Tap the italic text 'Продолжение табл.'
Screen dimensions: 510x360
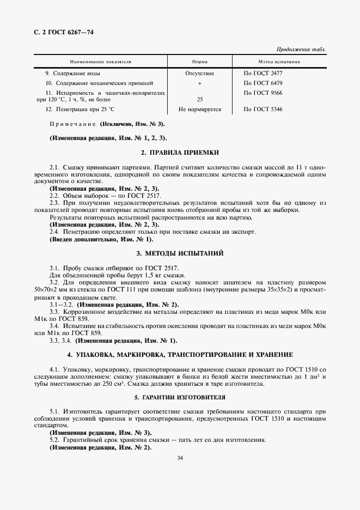(x=302, y=49)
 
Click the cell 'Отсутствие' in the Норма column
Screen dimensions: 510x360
(x=200, y=73)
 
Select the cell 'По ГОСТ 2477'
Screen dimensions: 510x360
(x=263, y=73)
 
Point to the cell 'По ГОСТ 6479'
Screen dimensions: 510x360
(x=263, y=83)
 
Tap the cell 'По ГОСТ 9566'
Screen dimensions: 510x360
(x=263, y=93)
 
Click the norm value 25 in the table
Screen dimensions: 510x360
(x=199, y=100)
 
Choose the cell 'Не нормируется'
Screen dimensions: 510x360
(x=200, y=110)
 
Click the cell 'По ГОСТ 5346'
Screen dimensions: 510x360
(x=263, y=110)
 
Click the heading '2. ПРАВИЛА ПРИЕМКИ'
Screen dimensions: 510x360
(x=180, y=152)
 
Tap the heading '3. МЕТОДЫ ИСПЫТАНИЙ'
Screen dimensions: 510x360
(x=180, y=253)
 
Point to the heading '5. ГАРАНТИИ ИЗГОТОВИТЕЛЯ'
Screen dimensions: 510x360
(x=180, y=397)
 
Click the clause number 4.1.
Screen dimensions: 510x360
(x=54, y=370)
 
